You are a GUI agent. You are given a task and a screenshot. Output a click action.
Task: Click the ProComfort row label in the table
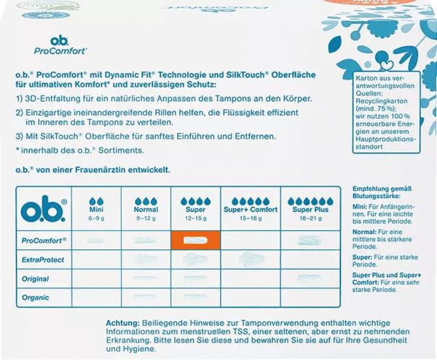(x=45, y=240)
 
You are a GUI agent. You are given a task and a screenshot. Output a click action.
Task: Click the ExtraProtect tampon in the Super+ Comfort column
(x=250, y=259)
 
